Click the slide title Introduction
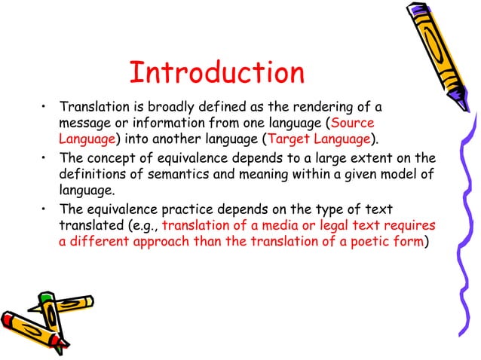point(216,73)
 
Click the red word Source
point(353,123)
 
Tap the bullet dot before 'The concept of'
point(45,157)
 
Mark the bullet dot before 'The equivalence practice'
point(45,207)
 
